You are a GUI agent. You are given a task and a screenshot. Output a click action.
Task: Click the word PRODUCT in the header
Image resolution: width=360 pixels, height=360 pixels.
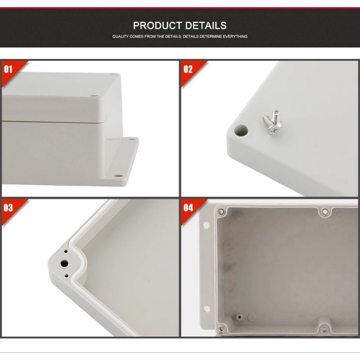(156, 26)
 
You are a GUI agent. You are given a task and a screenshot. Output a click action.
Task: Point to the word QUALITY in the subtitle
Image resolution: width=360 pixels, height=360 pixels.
(121, 36)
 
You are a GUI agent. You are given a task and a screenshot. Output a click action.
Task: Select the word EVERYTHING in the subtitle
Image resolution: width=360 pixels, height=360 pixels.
(234, 36)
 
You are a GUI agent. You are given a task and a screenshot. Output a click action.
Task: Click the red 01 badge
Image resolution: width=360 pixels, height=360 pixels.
(9, 69)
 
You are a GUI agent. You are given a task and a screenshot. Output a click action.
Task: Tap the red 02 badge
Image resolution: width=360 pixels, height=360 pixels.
(188, 69)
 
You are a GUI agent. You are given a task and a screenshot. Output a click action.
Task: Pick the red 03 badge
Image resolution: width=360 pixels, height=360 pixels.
(9, 207)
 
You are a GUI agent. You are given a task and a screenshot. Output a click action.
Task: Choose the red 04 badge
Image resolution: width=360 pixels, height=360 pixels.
(188, 207)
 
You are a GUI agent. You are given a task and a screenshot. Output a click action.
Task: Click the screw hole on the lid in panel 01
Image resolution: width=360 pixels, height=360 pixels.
(95, 95)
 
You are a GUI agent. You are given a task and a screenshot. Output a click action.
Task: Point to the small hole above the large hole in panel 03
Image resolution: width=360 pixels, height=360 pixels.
(66, 252)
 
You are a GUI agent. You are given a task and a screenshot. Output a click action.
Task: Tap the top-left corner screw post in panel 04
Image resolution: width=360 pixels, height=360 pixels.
(220, 211)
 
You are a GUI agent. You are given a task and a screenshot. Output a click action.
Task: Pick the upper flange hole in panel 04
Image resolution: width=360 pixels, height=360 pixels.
(206, 225)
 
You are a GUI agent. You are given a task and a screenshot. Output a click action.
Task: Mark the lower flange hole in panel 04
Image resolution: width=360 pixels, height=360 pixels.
(207, 309)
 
